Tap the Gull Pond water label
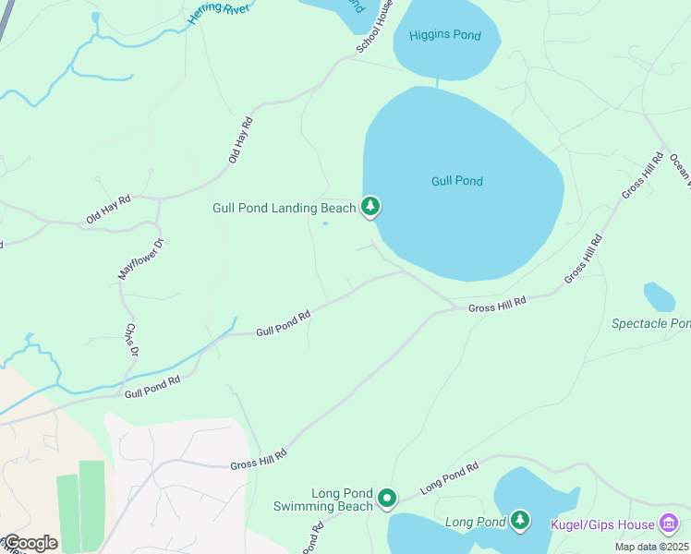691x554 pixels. (457, 181)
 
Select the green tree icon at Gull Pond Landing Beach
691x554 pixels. (370, 206)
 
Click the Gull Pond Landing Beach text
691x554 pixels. (284, 208)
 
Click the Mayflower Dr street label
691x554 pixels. (141, 259)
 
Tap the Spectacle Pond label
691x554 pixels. (650, 323)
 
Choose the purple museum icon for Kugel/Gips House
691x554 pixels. (669, 524)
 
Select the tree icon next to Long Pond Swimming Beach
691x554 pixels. (387, 500)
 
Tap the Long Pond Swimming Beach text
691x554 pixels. (322, 500)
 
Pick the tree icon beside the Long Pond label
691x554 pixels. (520, 522)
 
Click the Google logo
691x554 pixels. (30, 542)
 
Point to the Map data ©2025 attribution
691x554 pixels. (651, 547)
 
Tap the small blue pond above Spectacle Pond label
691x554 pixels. (659, 296)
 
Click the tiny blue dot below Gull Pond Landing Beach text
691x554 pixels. (324, 223)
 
